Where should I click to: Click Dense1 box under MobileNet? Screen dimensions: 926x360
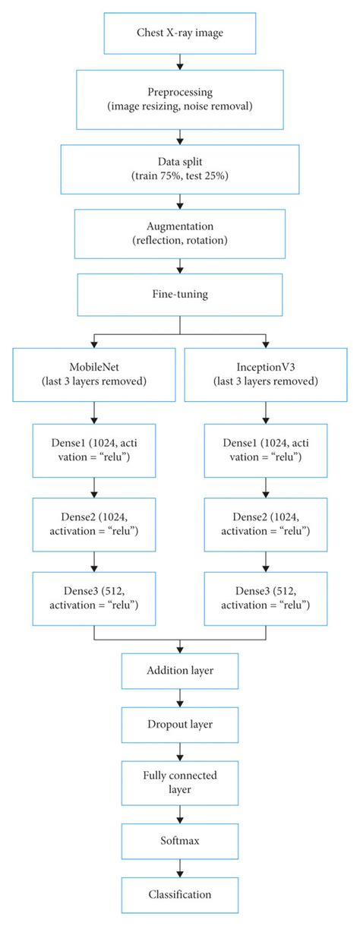93,452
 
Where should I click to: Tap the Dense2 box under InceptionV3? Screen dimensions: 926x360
266,523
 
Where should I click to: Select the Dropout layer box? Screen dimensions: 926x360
179,724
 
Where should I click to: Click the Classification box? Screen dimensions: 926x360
179,894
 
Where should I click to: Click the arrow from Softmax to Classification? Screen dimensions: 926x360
179,866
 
